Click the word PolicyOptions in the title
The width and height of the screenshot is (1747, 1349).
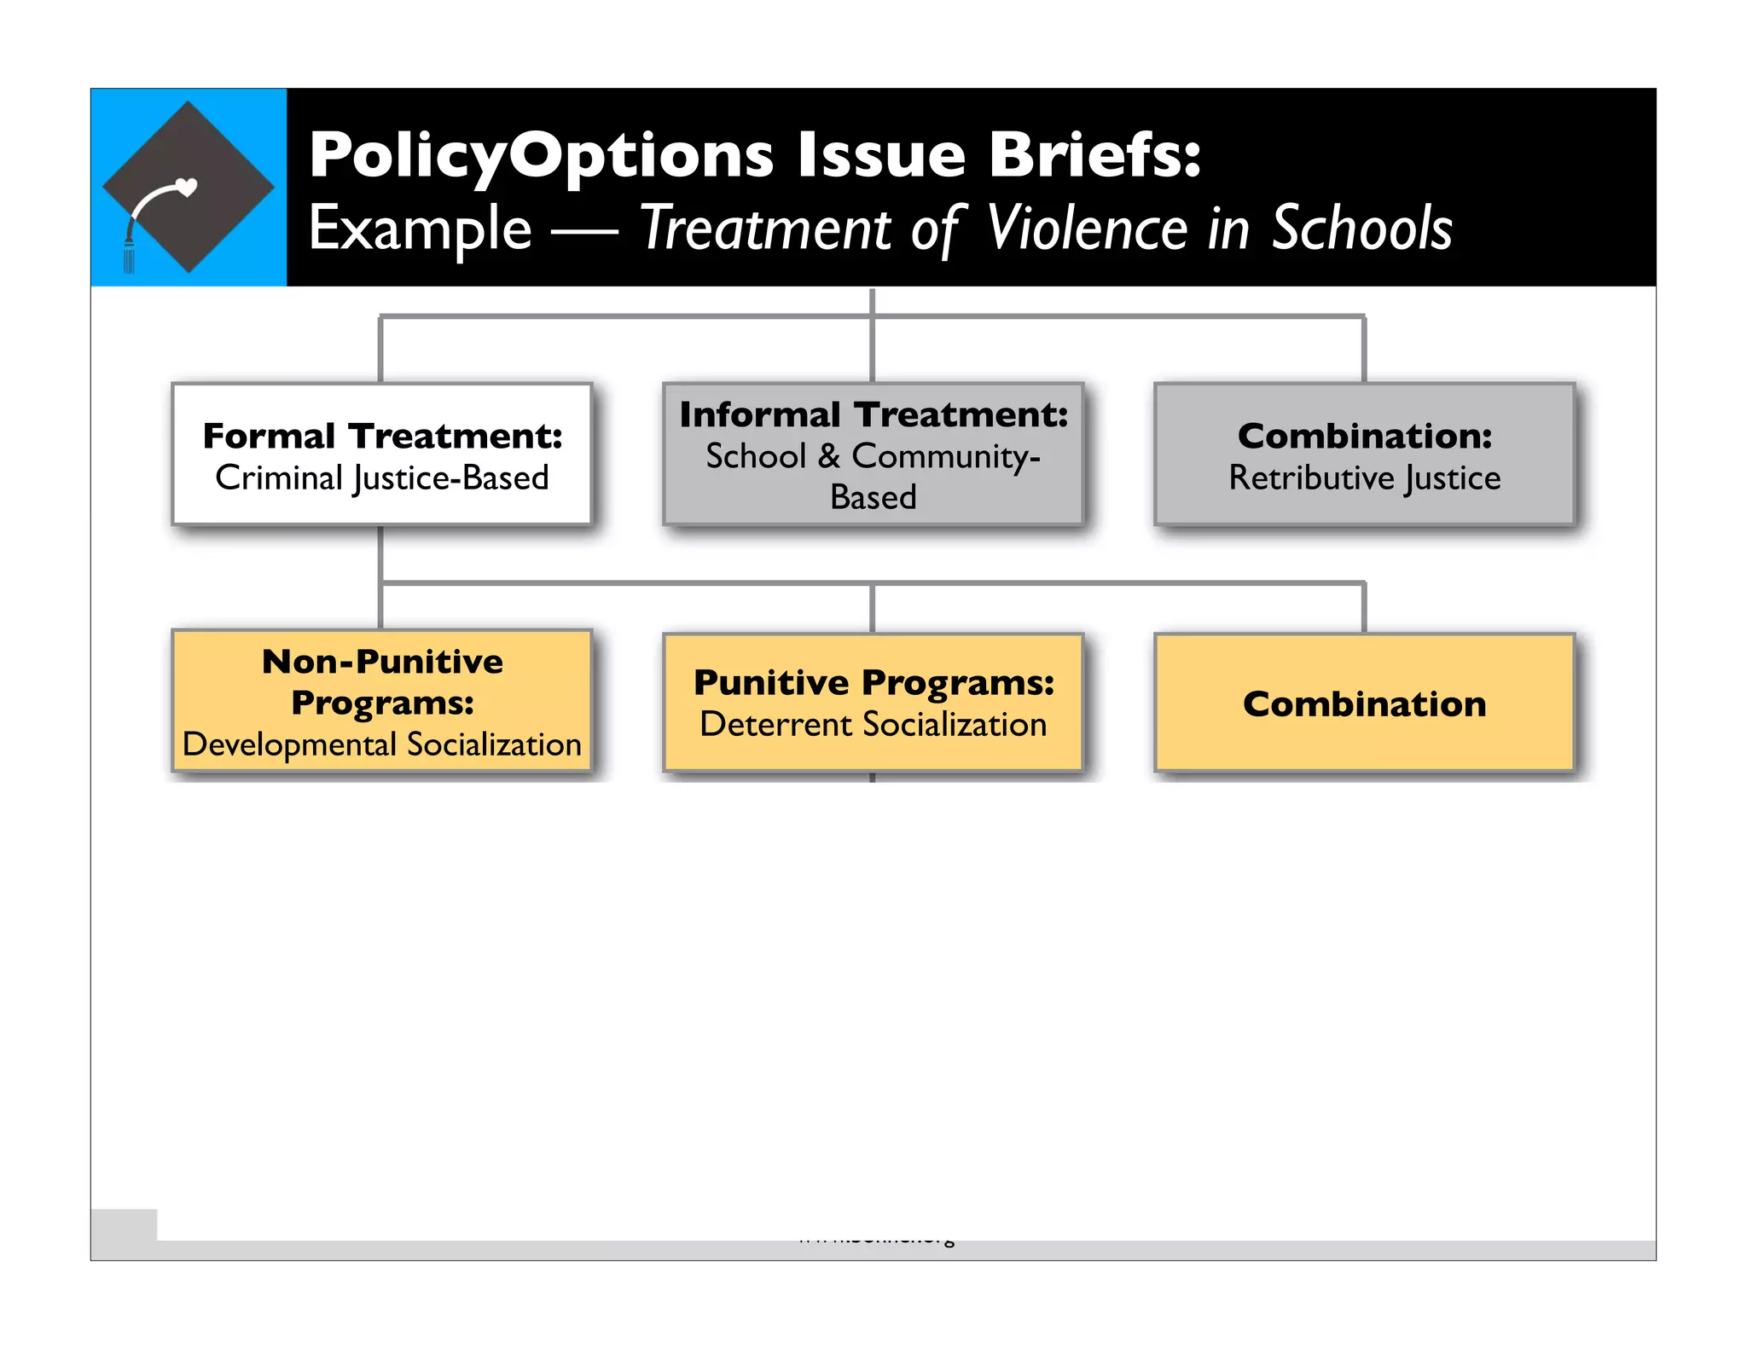[x=541, y=156]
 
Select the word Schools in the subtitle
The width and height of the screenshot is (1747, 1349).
[x=1361, y=229]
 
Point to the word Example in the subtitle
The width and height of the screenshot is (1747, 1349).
[x=420, y=229]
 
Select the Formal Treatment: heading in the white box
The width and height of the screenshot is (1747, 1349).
[x=382, y=436]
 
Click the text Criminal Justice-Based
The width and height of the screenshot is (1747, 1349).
[x=382, y=478]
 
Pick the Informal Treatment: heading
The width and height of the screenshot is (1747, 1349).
[x=873, y=414]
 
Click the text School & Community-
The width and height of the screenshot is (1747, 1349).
[x=873, y=456]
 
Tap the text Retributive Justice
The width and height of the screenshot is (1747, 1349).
[x=1364, y=478]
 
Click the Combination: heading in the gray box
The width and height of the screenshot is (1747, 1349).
[x=1364, y=436]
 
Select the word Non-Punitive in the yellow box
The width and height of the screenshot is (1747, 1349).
[x=382, y=662]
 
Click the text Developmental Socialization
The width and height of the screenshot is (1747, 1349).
[x=382, y=744]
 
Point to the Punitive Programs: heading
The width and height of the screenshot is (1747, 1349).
[x=873, y=682]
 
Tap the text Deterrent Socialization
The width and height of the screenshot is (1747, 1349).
[x=873, y=725]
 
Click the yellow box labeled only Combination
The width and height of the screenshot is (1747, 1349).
[x=1364, y=704]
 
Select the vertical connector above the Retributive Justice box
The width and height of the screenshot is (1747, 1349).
[x=1364, y=350]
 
